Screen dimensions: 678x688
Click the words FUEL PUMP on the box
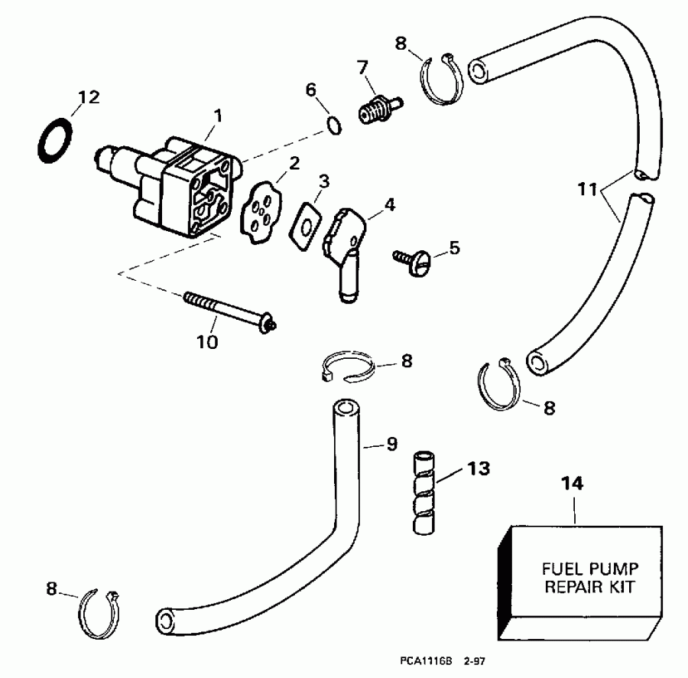click(589, 569)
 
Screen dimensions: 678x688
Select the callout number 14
click(573, 484)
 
